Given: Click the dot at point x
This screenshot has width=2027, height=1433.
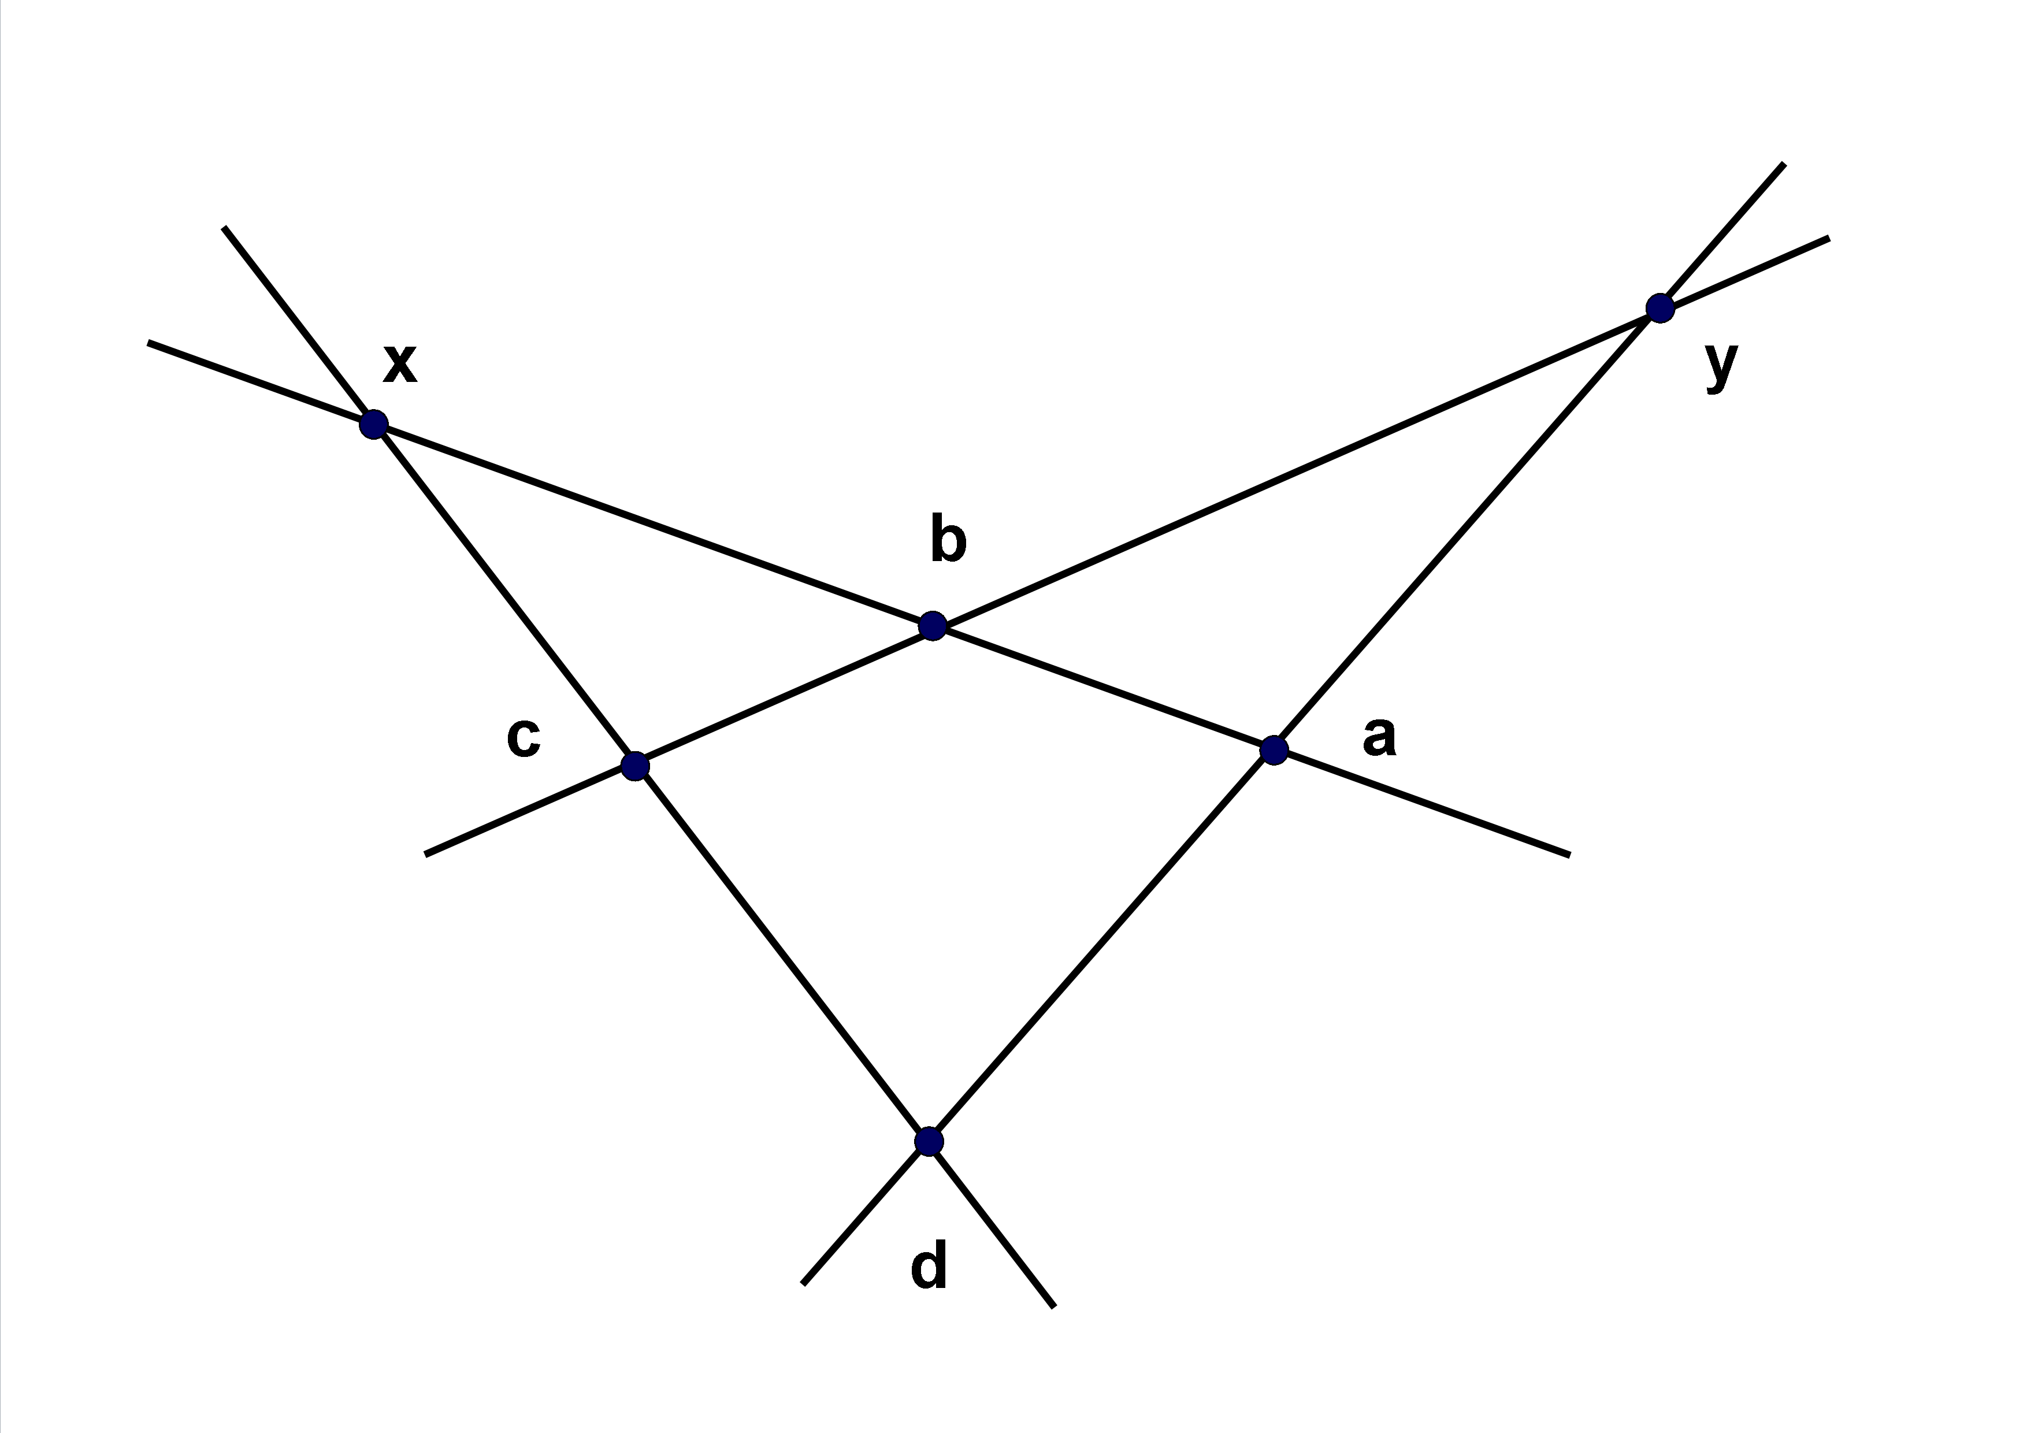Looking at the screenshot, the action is [x=373, y=424].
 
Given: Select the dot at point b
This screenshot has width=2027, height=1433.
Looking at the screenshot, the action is [x=932, y=626].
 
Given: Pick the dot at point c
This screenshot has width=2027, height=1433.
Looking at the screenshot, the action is [x=635, y=766].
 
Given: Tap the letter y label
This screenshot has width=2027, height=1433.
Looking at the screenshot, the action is [x=1721, y=365].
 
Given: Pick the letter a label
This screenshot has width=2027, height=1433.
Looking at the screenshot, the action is [x=1379, y=736].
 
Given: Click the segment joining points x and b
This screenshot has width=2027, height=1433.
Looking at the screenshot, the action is [x=654, y=525].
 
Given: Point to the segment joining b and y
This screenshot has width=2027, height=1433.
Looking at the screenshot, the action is [x=1296, y=467].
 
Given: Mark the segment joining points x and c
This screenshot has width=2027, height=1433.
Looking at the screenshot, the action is [x=504, y=594].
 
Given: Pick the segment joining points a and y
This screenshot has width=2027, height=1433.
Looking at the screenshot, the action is [x=1467, y=529].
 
